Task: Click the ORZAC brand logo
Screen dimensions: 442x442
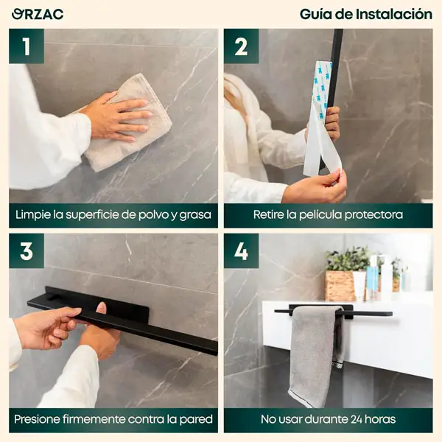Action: pyautogui.click(x=38, y=14)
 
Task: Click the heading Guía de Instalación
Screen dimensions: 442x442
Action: pyautogui.click(x=365, y=14)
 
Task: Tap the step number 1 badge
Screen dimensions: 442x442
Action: pyautogui.click(x=27, y=46)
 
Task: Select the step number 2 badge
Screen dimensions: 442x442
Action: pyautogui.click(x=241, y=46)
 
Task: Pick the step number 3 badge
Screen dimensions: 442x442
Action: pyautogui.click(x=27, y=250)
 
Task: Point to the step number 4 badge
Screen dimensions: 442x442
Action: pyautogui.click(x=241, y=250)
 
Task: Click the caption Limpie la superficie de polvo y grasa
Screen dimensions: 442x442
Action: pyautogui.click(x=113, y=215)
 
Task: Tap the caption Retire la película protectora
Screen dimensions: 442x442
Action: pyautogui.click(x=328, y=215)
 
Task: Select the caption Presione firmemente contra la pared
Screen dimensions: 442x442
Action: pyautogui.click(x=113, y=420)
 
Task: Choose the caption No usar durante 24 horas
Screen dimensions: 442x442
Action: pyautogui.click(x=328, y=420)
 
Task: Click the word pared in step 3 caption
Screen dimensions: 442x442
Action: pyautogui.click(x=196, y=420)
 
